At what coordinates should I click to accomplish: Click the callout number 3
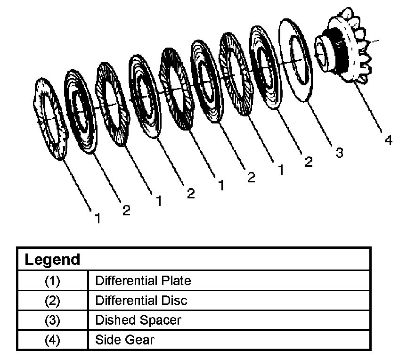click(339, 153)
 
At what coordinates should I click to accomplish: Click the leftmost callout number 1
click(97, 219)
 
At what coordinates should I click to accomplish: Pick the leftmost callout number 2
click(126, 210)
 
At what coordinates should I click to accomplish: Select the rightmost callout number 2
click(309, 162)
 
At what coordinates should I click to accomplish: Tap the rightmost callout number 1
click(281, 170)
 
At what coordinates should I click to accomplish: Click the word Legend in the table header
click(52, 259)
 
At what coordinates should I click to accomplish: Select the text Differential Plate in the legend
click(143, 281)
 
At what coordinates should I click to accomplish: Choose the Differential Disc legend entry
click(141, 300)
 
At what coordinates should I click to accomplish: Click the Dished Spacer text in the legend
click(138, 320)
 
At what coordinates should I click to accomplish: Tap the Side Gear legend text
click(124, 339)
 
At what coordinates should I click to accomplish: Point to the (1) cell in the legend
click(53, 281)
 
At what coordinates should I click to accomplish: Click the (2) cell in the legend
click(53, 301)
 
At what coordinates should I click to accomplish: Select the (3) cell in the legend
click(53, 320)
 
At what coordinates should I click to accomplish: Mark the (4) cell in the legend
click(53, 339)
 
